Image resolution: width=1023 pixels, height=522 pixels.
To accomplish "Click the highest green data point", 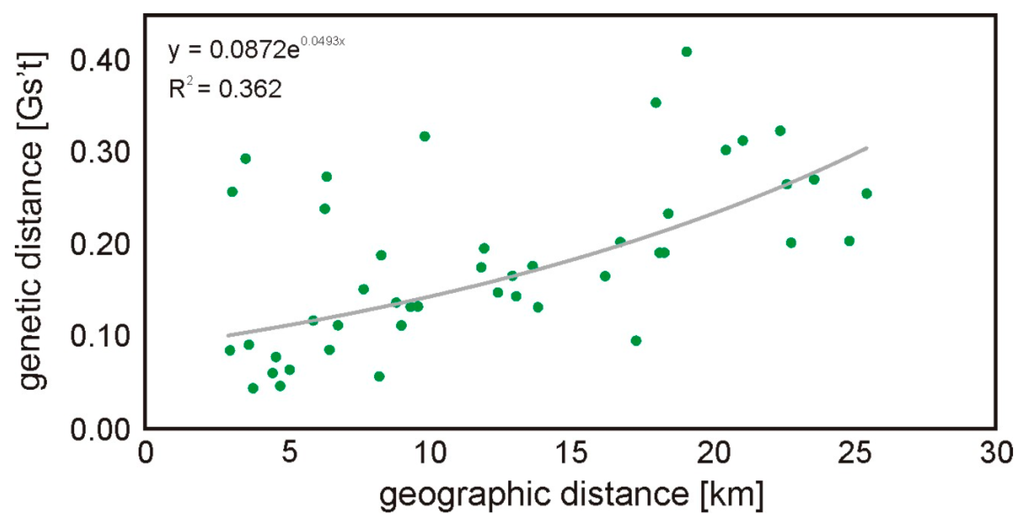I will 686,52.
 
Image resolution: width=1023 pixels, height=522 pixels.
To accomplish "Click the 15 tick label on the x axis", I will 572,453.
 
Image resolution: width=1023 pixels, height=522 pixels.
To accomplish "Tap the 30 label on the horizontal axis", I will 996,453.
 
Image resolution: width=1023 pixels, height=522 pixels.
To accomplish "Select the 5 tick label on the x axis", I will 289,453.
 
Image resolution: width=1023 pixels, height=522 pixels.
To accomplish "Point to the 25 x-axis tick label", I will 855,453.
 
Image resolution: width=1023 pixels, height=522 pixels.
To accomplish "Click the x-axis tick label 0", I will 145,453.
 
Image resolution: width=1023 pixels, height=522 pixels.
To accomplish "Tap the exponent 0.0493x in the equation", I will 322,41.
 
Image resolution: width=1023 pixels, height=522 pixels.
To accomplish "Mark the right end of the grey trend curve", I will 867,148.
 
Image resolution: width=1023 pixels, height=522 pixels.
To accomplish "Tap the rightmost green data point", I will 867,194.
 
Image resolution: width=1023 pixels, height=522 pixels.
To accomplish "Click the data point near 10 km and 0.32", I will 425,136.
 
